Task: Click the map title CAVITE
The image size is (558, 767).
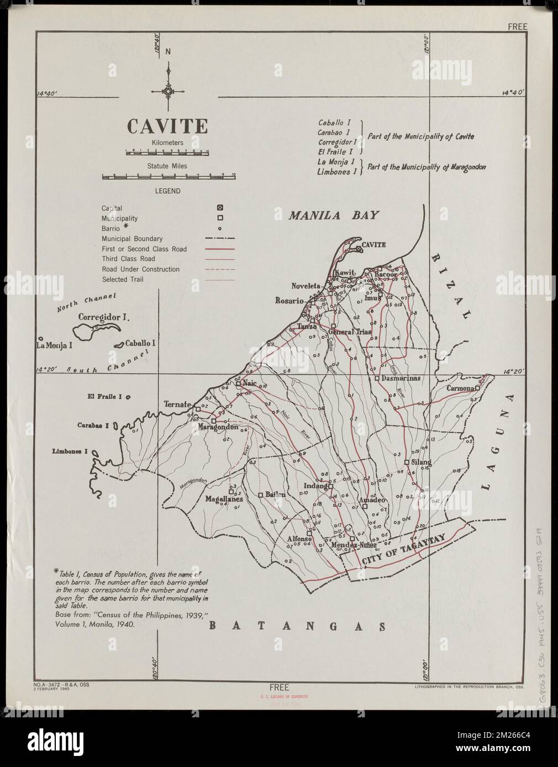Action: [x=168, y=126]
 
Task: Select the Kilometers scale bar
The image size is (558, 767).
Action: [x=166, y=152]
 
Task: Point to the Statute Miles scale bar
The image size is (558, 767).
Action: [x=169, y=177]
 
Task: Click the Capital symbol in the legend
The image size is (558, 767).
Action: [x=220, y=208]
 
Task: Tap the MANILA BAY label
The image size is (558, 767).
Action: [x=333, y=215]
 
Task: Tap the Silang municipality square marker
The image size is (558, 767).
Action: [x=407, y=462]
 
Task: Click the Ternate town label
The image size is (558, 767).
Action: [x=177, y=404]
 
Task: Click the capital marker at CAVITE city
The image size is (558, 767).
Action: [x=359, y=249]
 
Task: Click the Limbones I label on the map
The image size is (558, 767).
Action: [x=70, y=451]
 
